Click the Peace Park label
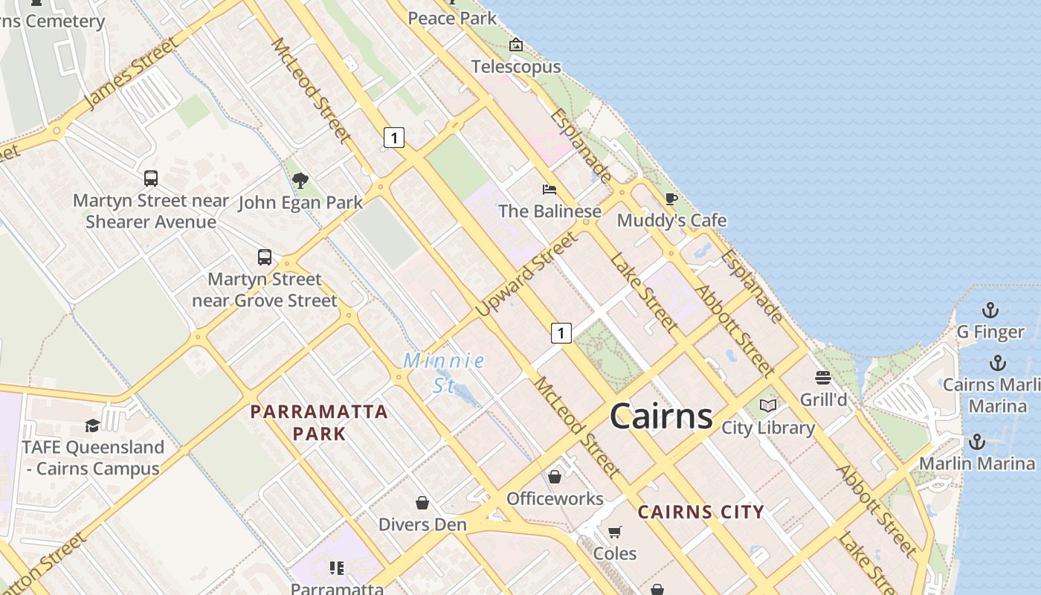tap(452, 18)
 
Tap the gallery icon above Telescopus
tap(515, 45)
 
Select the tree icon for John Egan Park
tap(300, 180)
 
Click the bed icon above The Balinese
tap(549, 189)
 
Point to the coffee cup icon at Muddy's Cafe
tap(671, 199)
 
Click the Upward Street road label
tap(526, 274)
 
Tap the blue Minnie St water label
tap(445, 372)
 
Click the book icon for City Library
tap(768, 406)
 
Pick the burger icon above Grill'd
tap(823, 378)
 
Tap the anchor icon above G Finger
tap(990, 310)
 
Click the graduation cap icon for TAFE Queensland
tap(92, 425)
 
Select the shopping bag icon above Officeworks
tap(555, 477)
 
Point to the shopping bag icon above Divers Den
tap(422, 503)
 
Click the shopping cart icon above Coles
tap(615, 532)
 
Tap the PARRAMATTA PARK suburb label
tap(319, 422)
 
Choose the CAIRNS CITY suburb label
tap(700, 512)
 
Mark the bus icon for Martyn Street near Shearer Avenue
tap(151, 178)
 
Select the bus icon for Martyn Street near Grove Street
tap(265, 257)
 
